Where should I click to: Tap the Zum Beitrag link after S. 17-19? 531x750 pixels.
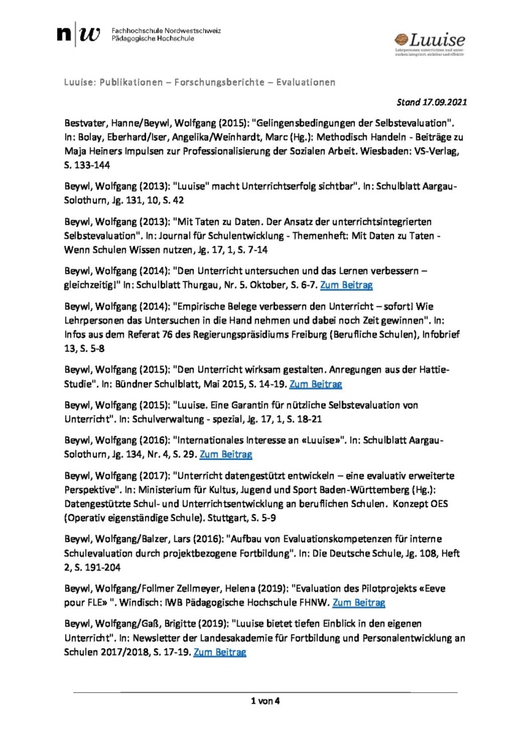(219, 651)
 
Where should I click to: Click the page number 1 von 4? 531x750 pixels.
(266, 702)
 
